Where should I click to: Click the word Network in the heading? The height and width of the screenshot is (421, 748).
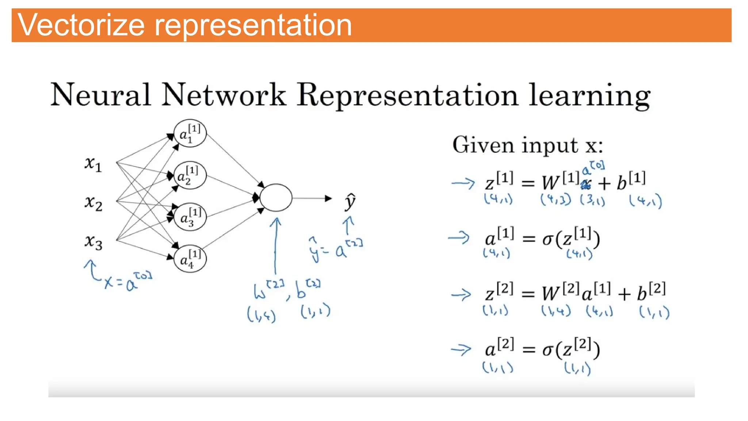pyautogui.click(x=224, y=95)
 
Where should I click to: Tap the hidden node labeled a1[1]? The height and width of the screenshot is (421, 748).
pyautogui.click(x=190, y=133)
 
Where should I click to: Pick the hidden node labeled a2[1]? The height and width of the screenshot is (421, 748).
pyautogui.click(x=190, y=175)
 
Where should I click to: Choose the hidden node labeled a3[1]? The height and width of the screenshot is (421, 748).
pyautogui.click(x=190, y=217)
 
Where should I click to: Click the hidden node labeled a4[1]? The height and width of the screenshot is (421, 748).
pyautogui.click(x=190, y=259)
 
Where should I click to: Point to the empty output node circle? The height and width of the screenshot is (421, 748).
pyautogui.click(x=276, y=198)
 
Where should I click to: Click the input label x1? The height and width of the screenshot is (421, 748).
pyautogui.click(x=93, y=163)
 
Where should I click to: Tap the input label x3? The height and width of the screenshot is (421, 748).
pyautogui.click(x=93, y=242)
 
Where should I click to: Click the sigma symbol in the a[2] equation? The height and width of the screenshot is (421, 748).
pyautogui.click(x=547, y=350)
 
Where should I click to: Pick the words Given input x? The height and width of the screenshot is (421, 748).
pyautogui.click(x=527, y=145)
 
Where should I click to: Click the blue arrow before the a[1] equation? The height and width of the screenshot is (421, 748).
pyautogui.click(x=459, y=238)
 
